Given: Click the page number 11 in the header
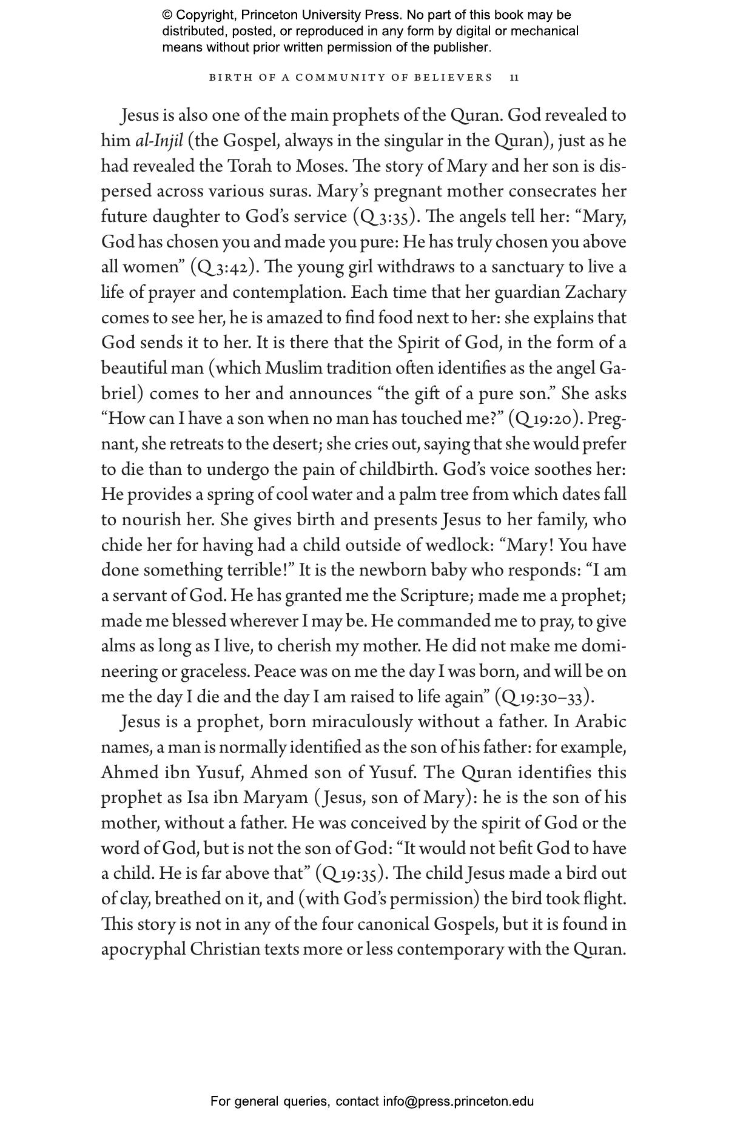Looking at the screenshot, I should pyautogui.click(x=514, y=78).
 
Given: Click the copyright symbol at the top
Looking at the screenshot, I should pyautogui.click(x=167, y=15).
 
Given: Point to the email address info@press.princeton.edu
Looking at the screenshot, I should pyautogui.click(x=458, y=1101).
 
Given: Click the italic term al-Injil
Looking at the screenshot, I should pyautogui.click(x=158, y=141).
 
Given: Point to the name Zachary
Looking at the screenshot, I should pyautogui.click(x=596, y=292).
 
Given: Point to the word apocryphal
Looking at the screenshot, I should pyautogui.click(x=143, y=949).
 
